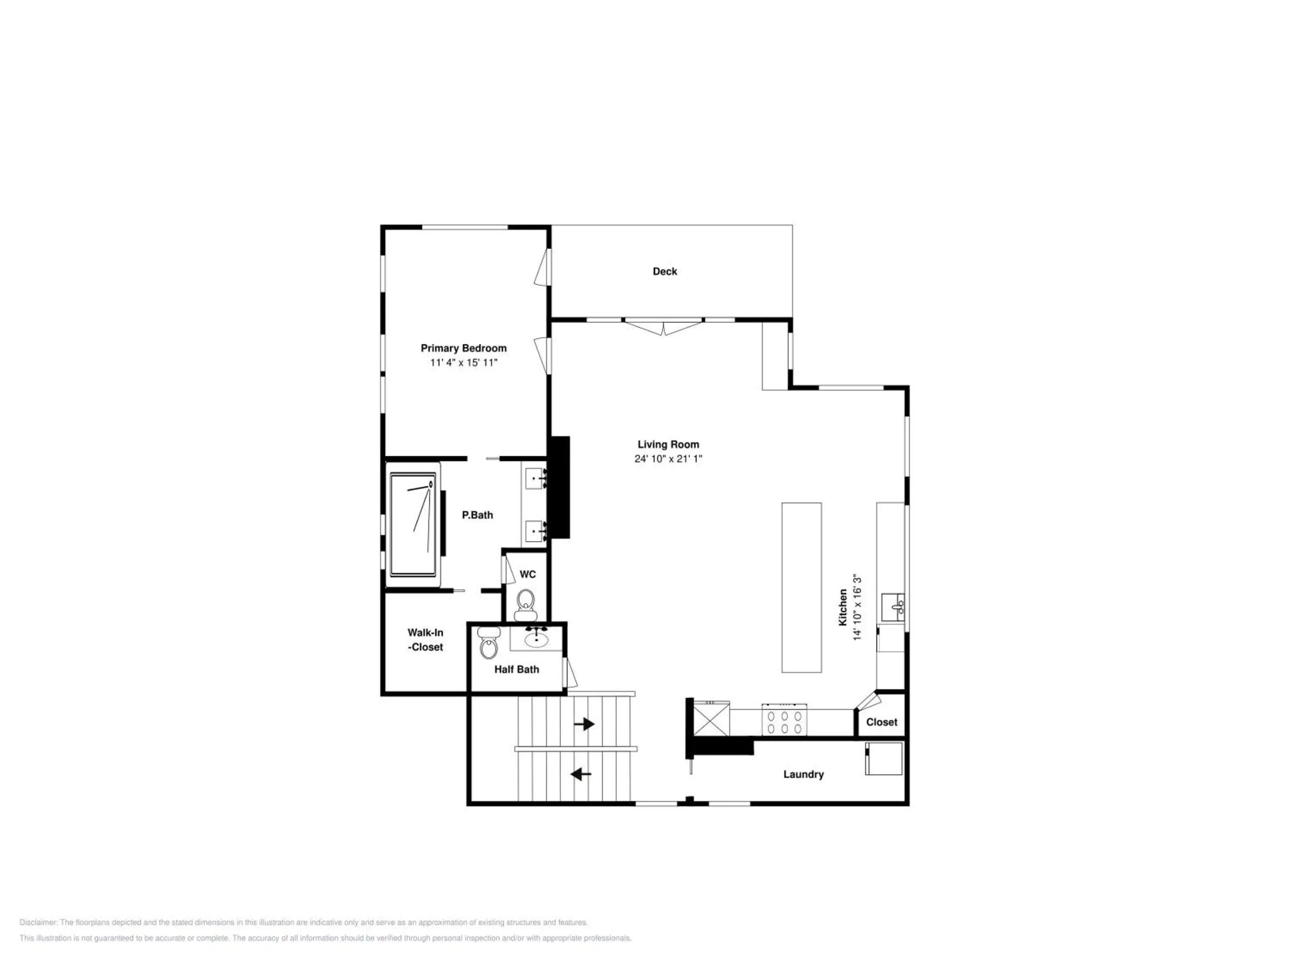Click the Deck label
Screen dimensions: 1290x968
(665, 271)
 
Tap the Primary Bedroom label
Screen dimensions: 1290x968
(464, 348)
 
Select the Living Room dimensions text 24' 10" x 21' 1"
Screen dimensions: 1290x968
(668, 459)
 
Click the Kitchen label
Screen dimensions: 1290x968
(843, 607)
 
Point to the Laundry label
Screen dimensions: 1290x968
(804, 774)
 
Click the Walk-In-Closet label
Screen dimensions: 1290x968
(425, 639)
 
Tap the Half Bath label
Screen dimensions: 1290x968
(517, 669)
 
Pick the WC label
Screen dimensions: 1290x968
(528, 574)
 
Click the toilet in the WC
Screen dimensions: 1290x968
(526, 604)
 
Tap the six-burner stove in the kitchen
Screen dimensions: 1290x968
(784, 719)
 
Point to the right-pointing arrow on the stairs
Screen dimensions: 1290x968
(584, 724)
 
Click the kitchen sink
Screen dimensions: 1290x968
(893, 607)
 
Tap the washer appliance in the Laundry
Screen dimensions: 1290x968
(884, 758)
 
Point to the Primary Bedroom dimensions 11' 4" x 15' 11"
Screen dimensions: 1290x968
(464, 363)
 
